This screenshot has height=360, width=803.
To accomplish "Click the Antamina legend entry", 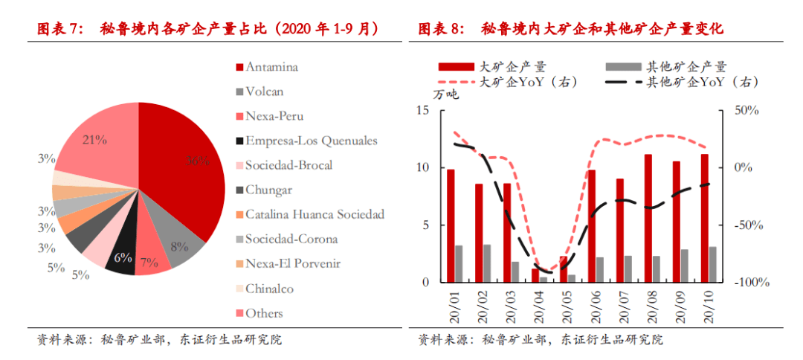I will (x=271, y=67).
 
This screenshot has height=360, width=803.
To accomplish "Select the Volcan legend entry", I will (x=264, y=91).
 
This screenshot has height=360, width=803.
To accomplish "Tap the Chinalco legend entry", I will (x=269, y=288).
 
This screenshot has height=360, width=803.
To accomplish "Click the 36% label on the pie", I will (x=198, y=161).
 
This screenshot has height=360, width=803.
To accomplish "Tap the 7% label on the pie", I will (x=149, y=263).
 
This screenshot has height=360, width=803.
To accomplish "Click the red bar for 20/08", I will (x=648, y=218).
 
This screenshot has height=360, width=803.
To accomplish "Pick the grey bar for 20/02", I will (x=487, y=263).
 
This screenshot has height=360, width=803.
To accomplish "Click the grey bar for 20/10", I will (x=712, y=264).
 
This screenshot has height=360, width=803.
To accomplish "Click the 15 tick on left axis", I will (x=423, y=110).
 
